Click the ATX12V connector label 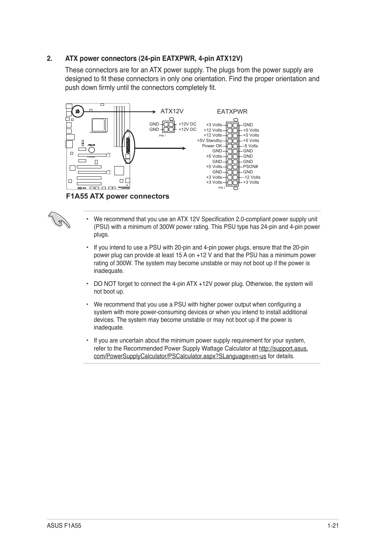[x=172, y=111]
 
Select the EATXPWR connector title [x=232, y=112]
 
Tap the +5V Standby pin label [x=209, y=140]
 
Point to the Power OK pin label [x=212, y=146]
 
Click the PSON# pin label [x=251, y=166]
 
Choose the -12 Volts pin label [x=251, y=177]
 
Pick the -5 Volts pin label [x=250, y=146]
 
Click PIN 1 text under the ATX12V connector [x=162, y=135]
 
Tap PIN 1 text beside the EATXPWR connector [x=222, y=188]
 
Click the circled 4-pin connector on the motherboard [x=77, y=111]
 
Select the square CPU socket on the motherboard [x=98, y=126]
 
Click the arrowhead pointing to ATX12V [x=155, y=111]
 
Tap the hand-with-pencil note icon [x=59, y=220]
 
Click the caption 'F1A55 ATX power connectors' [x=117, y=196]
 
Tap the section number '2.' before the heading [x=49, y=59]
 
